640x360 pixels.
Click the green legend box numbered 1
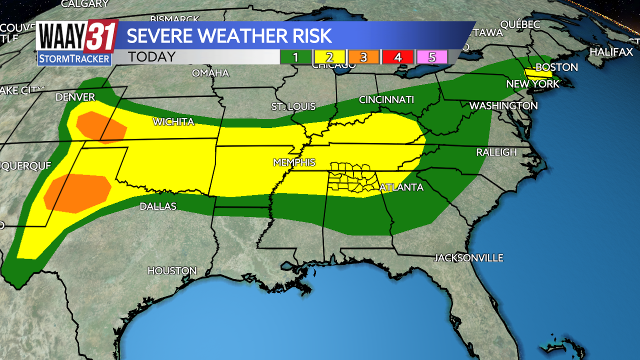pos(295,57)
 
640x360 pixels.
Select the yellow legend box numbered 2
pos(329,57)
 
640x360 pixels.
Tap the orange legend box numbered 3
pos(363,57)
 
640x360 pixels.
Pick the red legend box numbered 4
pos(397,57)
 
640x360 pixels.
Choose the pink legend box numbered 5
pos(431,57)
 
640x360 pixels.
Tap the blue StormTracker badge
pos(74,58)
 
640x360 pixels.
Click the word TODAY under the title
pos(151,57)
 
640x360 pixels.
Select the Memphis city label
pos(294,162)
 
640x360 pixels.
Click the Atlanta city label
pos(401,187)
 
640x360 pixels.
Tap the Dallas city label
pos(158,206)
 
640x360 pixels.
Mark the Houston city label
pos(172,270)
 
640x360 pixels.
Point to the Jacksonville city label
pos(468,258)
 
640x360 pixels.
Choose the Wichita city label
pos(173,121)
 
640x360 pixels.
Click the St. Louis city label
pos(293,106)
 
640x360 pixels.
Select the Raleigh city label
pos(496,152)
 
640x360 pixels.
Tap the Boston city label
pos(556,67)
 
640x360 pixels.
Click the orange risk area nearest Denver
pos(100,127)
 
